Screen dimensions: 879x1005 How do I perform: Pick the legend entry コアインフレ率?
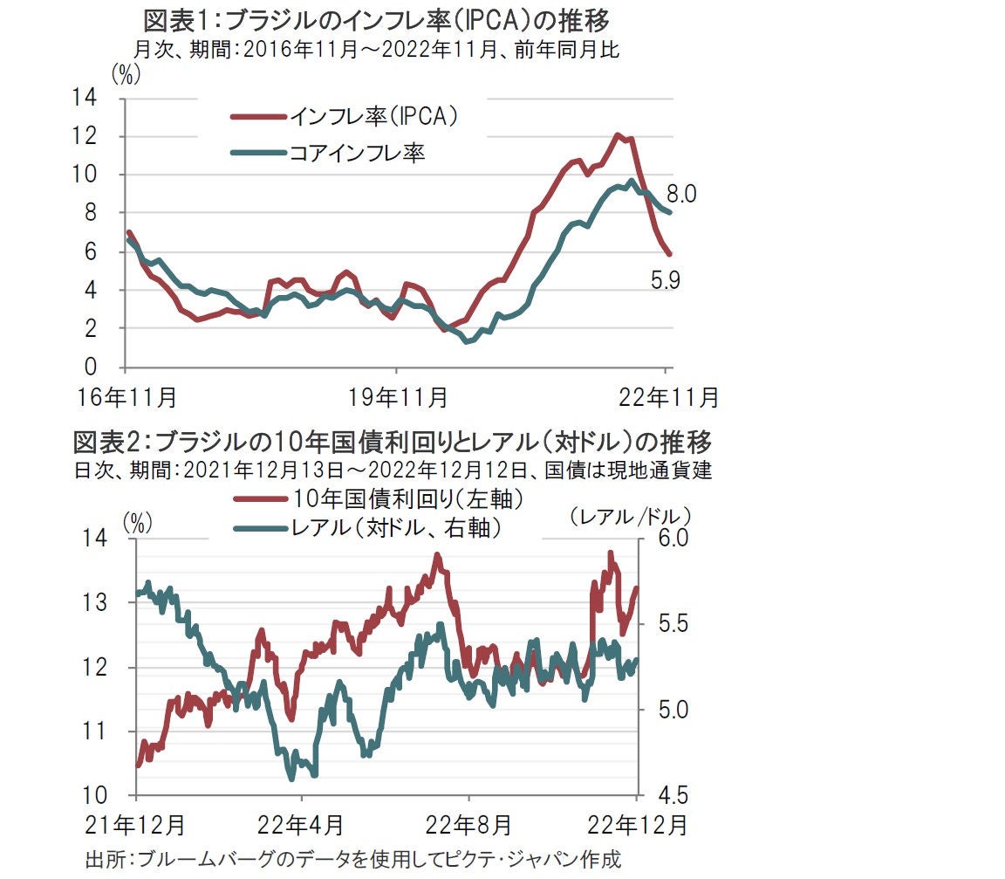tap(357, 154)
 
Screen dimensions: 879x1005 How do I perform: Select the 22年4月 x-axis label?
tap(303, 824)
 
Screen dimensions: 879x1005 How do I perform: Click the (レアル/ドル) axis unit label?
tap(630, 517)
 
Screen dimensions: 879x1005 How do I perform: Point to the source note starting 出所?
tap(353, 859)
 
